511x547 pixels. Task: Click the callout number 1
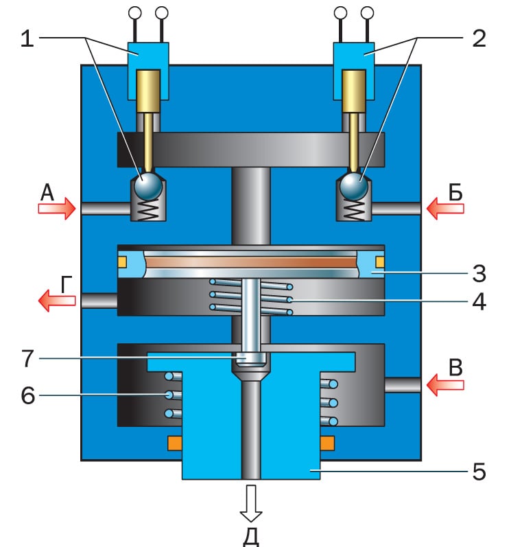(27, 38)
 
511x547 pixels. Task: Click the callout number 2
(479, 38)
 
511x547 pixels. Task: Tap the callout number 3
(479, 273)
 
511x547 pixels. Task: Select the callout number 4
(479, 302)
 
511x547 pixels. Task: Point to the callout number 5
(479, 472)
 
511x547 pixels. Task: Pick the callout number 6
(28, 395)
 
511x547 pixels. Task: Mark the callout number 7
(28, 358)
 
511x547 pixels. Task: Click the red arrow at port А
(57, 208)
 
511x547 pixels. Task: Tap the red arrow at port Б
(445, 209)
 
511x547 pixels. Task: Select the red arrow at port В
(445, 385)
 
